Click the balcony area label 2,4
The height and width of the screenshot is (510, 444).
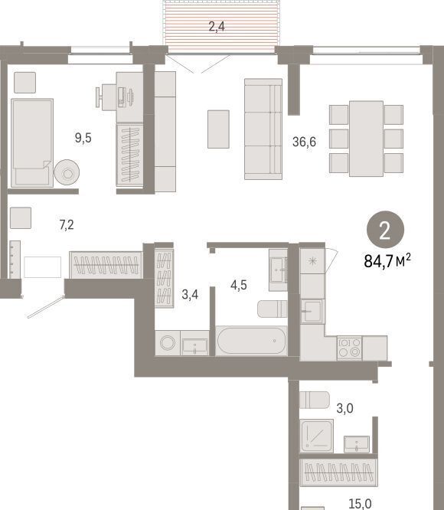click(217, 26)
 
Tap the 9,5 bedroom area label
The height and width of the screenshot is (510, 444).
click(83, 138)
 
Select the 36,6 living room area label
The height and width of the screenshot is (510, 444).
click(304, 142)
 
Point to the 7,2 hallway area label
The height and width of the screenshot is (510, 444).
click(67, 224)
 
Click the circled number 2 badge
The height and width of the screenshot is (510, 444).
click(385, 230)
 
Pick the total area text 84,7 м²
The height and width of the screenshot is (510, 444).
click(387, 261)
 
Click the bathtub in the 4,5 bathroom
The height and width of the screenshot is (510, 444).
click(251, 341)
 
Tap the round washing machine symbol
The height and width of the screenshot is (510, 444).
click(168, 342)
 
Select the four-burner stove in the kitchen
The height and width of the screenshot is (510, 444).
click(349, 348)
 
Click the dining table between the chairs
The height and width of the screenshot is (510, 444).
click(366, 139)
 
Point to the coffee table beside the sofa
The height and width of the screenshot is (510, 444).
click(218, 129)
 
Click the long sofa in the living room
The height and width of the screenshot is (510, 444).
click(263, 129)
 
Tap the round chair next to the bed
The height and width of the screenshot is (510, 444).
click(67, 172)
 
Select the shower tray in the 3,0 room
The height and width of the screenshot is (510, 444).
click(316, 436)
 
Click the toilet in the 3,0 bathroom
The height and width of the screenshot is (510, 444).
click(315, 400)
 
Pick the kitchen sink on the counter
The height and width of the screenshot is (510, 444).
click(312, 311)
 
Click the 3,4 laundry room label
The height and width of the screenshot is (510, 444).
click(190, 294)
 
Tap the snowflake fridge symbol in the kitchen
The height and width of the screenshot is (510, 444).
click(312, 261)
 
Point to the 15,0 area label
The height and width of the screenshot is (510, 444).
click(360, 504)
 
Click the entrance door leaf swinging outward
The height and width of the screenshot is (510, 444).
click(46, 307)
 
